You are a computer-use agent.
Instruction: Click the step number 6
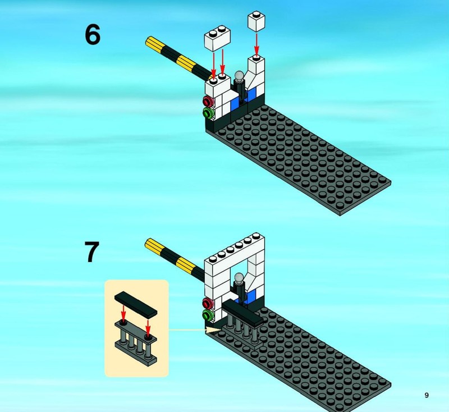pos(93,35)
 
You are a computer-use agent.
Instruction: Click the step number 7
pos(92,251)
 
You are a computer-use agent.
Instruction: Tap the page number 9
pos(427,395)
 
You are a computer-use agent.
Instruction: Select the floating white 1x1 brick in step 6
pos(256,21)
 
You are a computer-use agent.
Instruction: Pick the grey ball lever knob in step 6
pos(239,76)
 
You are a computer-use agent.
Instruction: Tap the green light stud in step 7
pos(208,315)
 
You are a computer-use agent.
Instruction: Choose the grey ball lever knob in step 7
pos(239,277)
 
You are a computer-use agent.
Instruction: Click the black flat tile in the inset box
pos(136,304)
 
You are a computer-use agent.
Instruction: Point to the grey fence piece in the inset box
pos(136,343)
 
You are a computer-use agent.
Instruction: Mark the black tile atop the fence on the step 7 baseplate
pos(242,313)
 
